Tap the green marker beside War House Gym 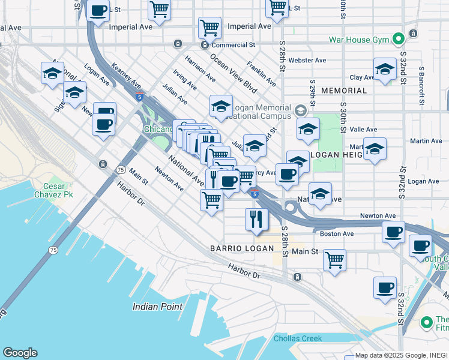click(397, 40)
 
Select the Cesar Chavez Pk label click(41, 191)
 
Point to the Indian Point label click(157, 307)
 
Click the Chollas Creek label click(298, 338)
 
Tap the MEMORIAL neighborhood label click(343, 91)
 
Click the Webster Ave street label click(307, 61)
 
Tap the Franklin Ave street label click(261, 73)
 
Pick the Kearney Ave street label click(125, 79)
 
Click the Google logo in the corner click(20, 353)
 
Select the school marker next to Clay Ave click(384, 70)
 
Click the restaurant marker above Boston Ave click(256, 220)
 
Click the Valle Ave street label click(363, 129)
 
